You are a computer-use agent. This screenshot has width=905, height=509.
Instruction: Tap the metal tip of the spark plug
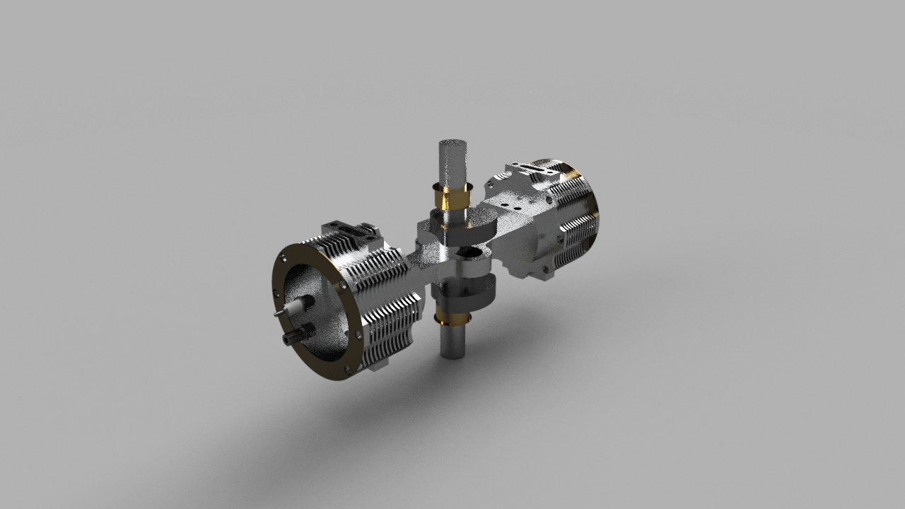click(x=278, y=313)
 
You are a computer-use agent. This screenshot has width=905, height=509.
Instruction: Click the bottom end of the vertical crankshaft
click(x=453, y=351)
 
